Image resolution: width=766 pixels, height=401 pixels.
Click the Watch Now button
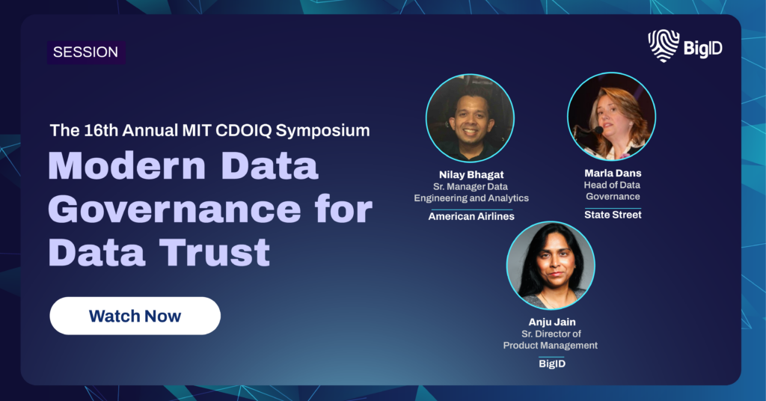point(135,316)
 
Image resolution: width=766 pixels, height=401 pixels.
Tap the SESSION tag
point(86,52)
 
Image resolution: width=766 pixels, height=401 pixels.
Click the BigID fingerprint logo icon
point(664,46)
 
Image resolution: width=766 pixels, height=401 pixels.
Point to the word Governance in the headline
point(175,209)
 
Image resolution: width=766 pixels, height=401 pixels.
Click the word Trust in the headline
point(215,252)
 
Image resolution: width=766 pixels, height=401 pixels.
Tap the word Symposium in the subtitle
point(322,131)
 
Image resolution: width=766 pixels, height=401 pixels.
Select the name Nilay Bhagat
point(471,174)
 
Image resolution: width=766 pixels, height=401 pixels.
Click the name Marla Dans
point(613,173)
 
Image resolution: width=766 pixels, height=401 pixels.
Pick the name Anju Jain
point(552,322)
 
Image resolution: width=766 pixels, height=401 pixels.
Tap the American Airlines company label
point(471,216)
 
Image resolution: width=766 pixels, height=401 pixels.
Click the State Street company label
point(613,215)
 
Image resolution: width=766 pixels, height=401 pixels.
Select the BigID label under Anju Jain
point(552,364)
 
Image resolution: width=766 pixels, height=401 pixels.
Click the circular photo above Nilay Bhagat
point(470,118)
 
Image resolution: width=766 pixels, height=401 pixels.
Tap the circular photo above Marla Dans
point(612,116)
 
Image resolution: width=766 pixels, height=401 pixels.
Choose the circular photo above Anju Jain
point(551,266)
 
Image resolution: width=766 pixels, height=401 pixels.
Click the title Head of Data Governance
point(613,191)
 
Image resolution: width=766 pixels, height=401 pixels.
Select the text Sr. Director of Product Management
point(551,340)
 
